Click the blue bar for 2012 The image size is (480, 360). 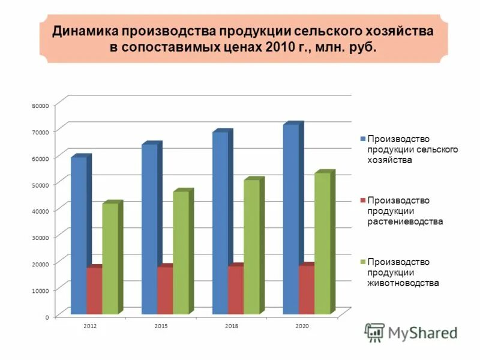point(79,234)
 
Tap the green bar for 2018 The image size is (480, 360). point(251,246)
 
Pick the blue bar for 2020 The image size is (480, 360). point(290,219)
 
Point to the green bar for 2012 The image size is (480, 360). point(110,258)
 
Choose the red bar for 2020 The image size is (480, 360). point(305,289)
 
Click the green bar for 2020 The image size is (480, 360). point(322,242)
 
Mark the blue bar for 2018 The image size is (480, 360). point(220,222)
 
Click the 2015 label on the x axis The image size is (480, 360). point(161,325)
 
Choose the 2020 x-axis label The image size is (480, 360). point(302,325)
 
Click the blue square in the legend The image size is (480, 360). point(362,139)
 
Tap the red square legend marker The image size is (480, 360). point(362,200)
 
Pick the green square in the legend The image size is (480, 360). point(362,262)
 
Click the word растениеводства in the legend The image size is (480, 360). point(405,221)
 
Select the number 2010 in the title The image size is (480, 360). point(277,47)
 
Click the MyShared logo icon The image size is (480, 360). point(375,332)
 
